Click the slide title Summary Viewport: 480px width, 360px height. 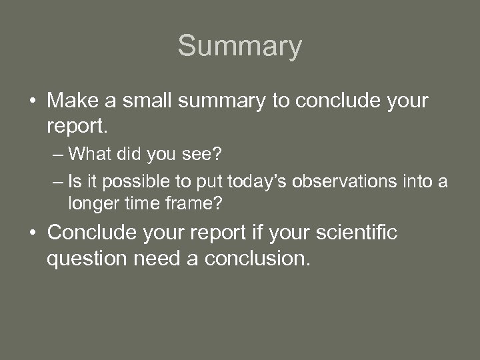click(x=239, y=47)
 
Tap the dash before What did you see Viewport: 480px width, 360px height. click(x=57, y=155)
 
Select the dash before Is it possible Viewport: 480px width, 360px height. click(x=57, y=183)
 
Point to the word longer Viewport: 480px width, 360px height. click(x=91, y=203)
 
